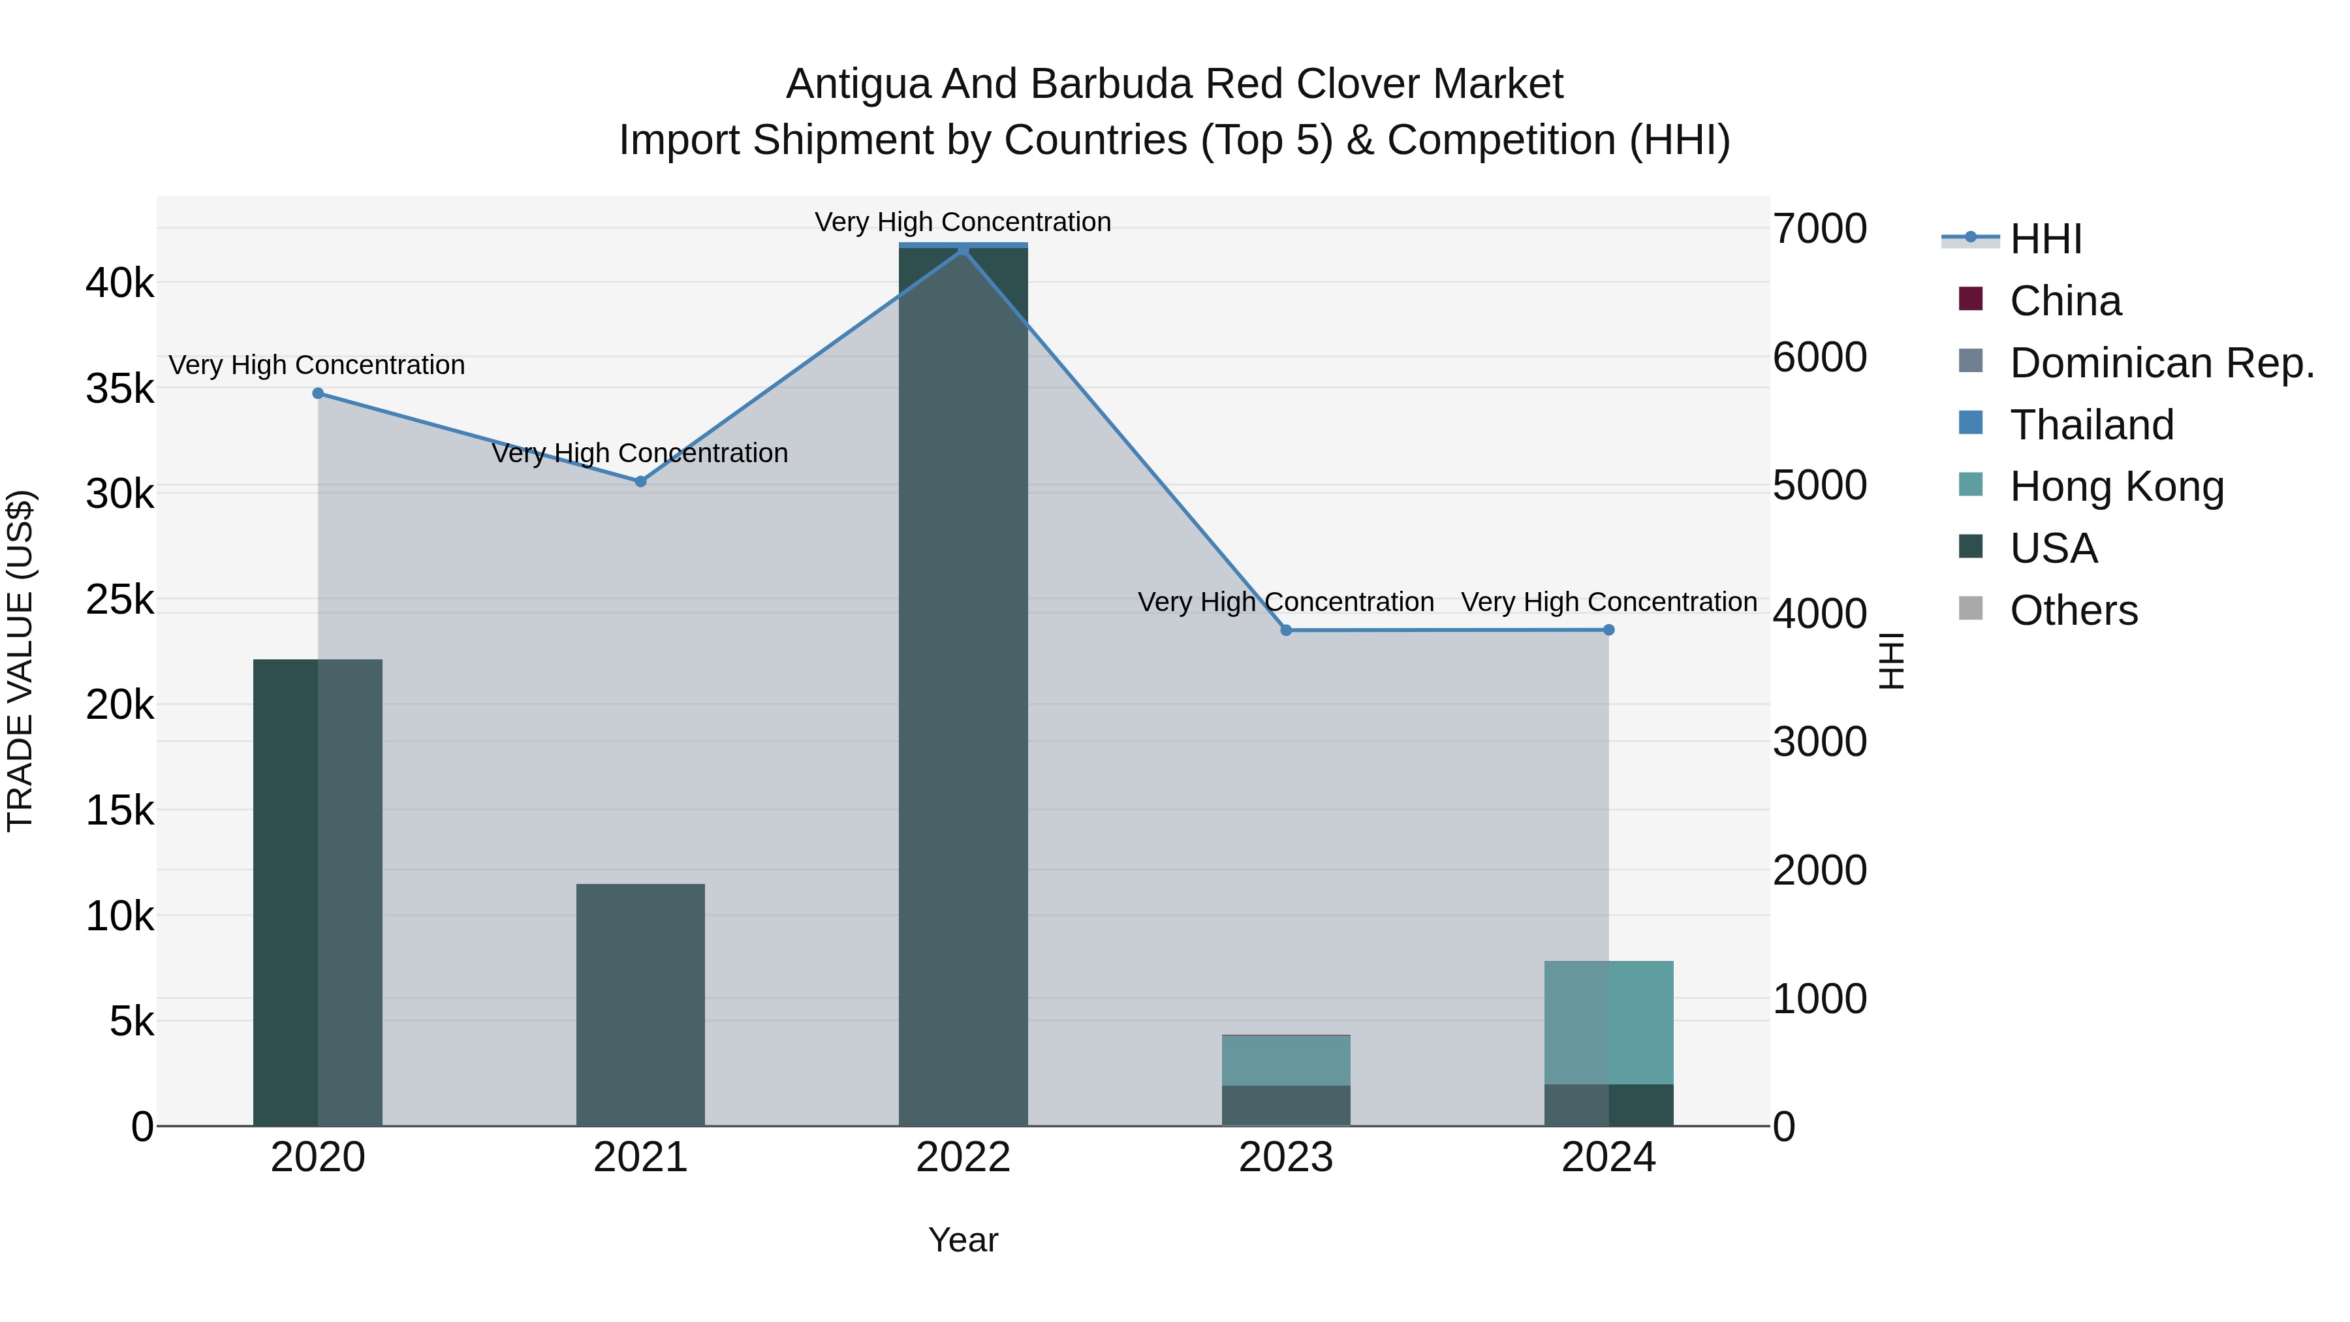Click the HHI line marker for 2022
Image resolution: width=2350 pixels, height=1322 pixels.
(x=963, y=249)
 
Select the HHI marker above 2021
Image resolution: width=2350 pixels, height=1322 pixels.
(x=640, y=480)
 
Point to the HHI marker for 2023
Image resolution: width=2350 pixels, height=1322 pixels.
(x=1286, y=629)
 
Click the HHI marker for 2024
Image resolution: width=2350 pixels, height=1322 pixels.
(x=1608, y=629)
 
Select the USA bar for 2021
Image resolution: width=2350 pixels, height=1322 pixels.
(x=640, y=1003)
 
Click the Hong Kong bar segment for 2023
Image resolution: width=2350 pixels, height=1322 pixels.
(x=1286, y=1060)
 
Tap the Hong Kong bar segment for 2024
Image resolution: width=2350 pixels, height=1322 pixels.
(x=1608, y=1022)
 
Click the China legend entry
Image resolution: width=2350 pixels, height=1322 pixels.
(x=2065, y=301)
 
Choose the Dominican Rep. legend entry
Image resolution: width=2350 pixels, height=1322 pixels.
(x=2162, y=363)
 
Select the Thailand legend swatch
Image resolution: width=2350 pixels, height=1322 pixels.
(x=1971, y=423)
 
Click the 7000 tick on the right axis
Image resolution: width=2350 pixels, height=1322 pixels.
(x=1819, y=229)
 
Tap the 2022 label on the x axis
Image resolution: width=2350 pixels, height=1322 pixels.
(x=963, y=1157)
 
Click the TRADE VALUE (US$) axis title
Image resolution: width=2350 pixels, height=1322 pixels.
(x=21, y=661)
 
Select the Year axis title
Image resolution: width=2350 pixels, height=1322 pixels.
(x=963, y=1240)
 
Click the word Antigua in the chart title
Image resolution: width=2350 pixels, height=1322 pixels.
(x=858, y=84)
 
